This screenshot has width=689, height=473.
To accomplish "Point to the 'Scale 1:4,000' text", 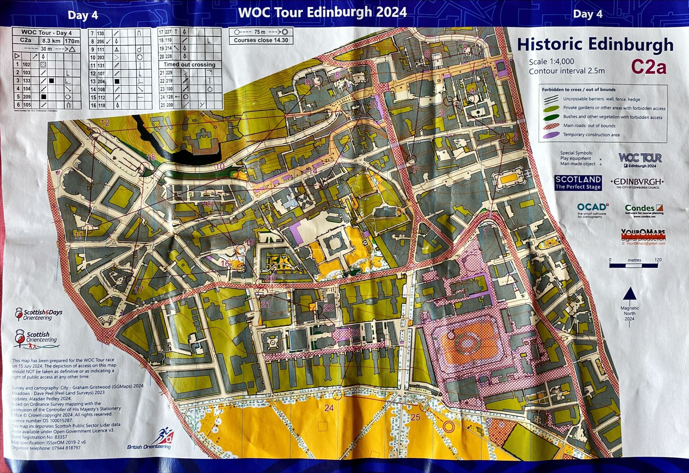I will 552,62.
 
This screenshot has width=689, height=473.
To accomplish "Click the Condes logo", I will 644,211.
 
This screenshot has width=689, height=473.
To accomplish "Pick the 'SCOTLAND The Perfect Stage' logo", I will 578,183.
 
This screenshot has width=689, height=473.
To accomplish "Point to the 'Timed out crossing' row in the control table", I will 190,65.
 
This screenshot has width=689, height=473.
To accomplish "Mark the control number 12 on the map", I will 105,122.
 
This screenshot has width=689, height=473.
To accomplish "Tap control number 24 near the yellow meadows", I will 329,408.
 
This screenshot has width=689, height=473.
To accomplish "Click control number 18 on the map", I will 151,157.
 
